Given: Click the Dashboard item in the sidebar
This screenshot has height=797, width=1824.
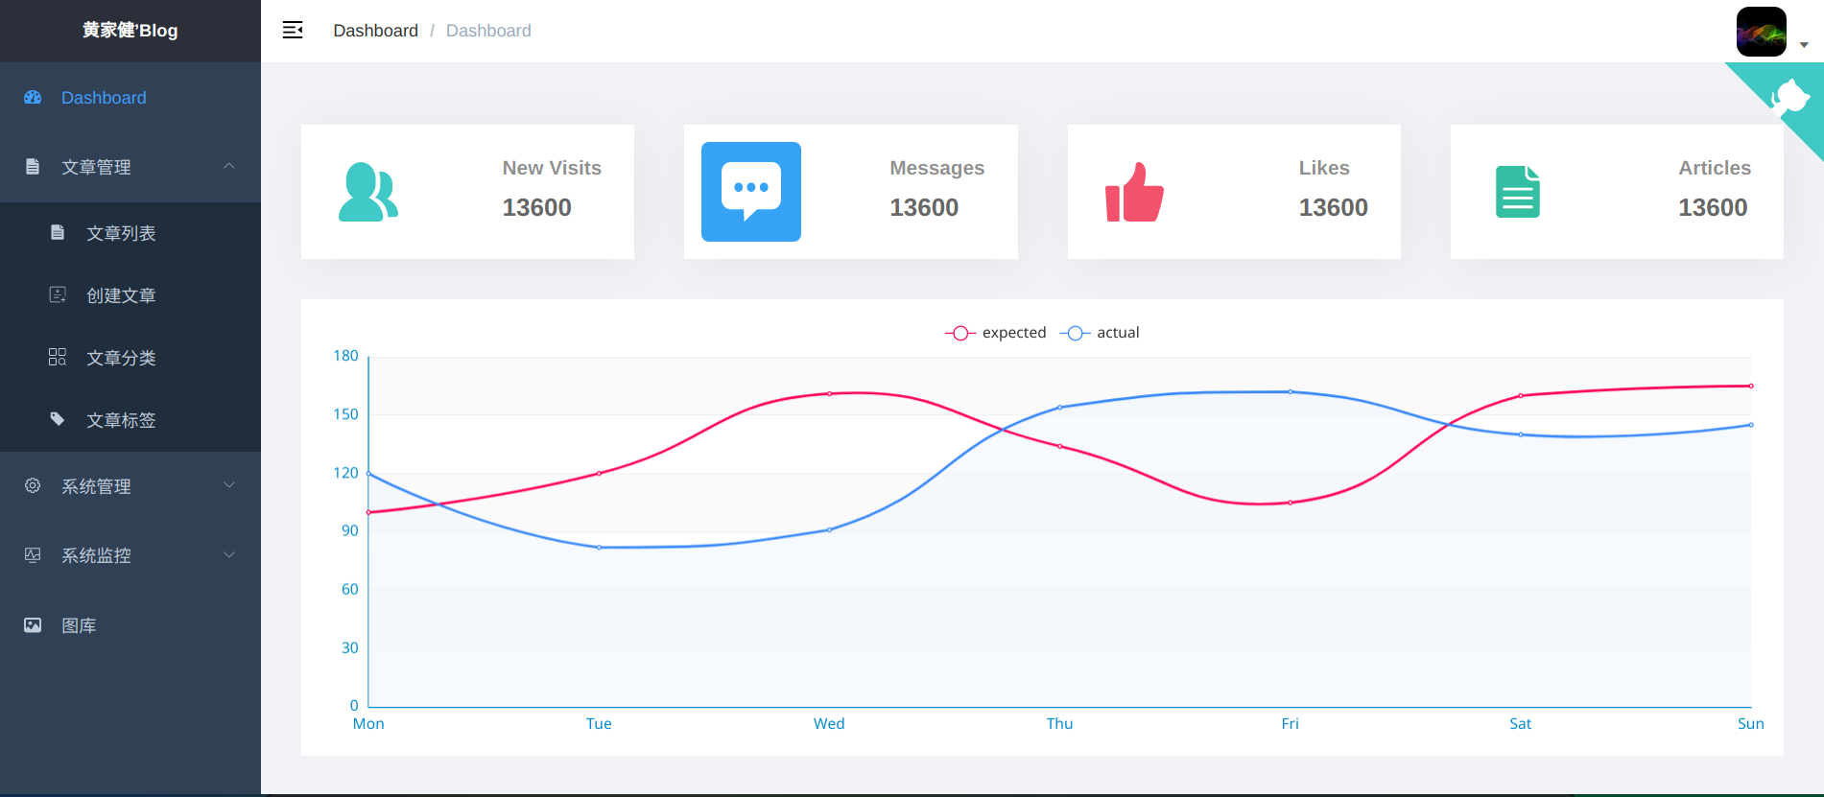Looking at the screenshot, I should [x=103, y=98].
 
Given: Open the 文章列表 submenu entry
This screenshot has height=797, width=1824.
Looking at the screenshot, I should [x=121, y=233].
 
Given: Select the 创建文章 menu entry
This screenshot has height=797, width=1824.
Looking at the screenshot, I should [x=121, y=295].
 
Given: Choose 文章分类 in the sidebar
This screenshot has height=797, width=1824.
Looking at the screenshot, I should [x=121, y=358].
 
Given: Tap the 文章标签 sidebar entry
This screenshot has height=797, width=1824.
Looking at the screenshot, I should [x=121, y=420].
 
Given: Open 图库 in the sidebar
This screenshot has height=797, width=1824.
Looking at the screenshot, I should [x=79, y=625].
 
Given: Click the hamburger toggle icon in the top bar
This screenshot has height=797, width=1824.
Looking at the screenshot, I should [x=293, y=31].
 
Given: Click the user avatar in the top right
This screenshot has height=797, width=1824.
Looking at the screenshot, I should [x=1761, y=32].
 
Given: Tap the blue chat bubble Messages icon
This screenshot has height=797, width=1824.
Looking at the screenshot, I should [x=751, y=192].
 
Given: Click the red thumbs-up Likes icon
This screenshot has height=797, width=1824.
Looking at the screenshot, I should [x=1134, y=192].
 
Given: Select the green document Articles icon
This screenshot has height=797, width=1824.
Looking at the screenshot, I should [x=1517, y=192].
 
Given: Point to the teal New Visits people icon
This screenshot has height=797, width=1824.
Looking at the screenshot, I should [x=368, y=192].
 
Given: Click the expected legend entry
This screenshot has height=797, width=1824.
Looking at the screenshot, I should [x=996, y=333].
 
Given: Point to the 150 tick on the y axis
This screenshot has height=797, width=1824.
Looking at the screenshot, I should [x=345, y=414].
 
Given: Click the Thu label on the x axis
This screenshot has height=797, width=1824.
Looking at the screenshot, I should [x=1059, y=724].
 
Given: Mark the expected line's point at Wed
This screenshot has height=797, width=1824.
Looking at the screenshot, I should [x=829, y=393].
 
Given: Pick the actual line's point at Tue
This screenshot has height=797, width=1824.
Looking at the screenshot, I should [x=599, y=548].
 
